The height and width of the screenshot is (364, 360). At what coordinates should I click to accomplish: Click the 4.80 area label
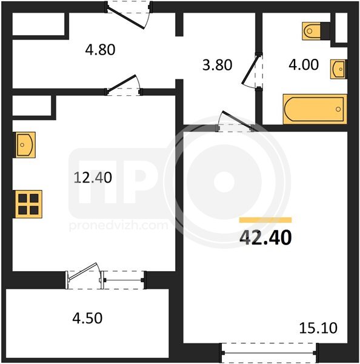pyautogui.click(x=100, y=50)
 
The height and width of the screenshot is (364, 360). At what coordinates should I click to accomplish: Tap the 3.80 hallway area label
pyautogui.click(x=217, y=65)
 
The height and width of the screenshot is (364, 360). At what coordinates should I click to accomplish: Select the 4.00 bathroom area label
pyautogui.click(x=304, y=64)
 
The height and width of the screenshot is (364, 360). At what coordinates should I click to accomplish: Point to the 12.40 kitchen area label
pyautogui.click(x=93, y=177)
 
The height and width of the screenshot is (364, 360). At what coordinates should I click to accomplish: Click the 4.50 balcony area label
pyautogui.click(x=87, y=318)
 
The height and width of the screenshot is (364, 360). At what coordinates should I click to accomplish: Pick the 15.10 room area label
pyautogui.click(x=318, y=328)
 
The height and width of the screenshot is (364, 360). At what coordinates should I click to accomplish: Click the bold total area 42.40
pyautogui.click(x=265, y=237)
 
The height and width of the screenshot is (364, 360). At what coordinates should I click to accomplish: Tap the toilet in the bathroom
pyautogui.click(x=316, y=31)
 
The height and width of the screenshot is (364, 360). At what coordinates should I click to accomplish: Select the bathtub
pyautogui.click(x=315, y=109)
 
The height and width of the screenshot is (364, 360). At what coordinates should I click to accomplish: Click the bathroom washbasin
pyautogui.click(x=339, y=69)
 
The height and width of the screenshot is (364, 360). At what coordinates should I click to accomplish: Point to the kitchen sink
pyautogui.click(x=24, y=145)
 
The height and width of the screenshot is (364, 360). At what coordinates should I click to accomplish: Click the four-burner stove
pyautogui.click(x=28, y=204)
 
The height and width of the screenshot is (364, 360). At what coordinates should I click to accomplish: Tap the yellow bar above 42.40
pyautogui.click(x=265, y=220)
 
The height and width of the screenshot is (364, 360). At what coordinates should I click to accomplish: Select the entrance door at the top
pyautogui.click(x=128, y=15)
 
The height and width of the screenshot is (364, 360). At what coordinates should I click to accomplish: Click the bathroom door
pyautogui.click(x=252, y=72)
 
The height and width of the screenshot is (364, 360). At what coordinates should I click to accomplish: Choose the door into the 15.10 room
pyautogui.click(x=235, y=121)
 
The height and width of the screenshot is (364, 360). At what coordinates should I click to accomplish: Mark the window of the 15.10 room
pyautogui.click(x=268, y=353)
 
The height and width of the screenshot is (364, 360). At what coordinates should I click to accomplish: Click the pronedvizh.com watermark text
pyautogui.click(x=118, y=226)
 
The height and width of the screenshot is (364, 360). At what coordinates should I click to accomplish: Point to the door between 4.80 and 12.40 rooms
pyautogui.click(x=124, y=85)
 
